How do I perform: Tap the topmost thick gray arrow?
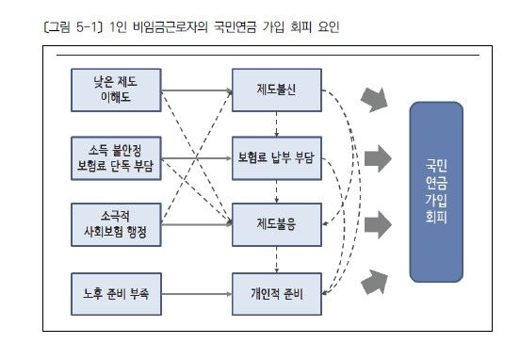[375, 98]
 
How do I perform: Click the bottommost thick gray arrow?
[375, 279]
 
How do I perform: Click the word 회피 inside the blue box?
[436, 216]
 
